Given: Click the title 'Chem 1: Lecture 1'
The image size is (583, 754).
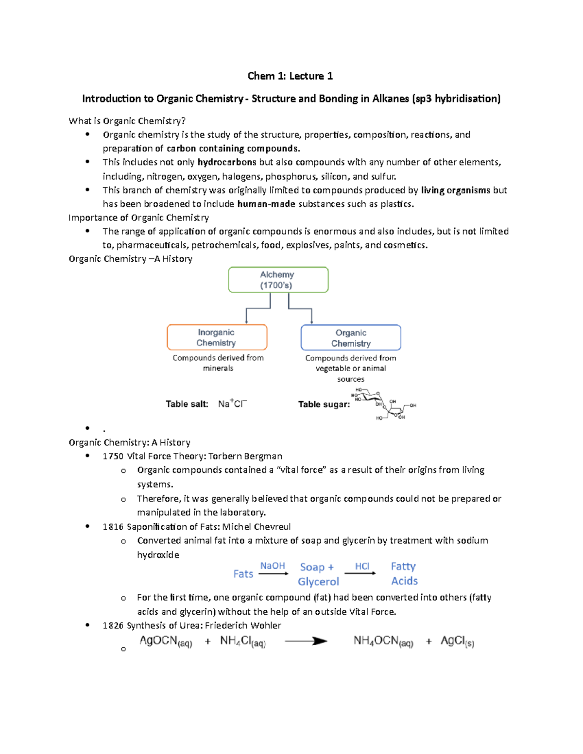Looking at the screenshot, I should tap(290, 76).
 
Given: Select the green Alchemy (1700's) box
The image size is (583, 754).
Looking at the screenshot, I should tap(278, 280).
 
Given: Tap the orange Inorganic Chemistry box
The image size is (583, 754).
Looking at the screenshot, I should tap(217, 337).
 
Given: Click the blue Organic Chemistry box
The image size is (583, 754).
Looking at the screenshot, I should tap(351, 338).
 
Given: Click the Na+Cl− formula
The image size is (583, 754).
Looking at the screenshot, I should tap(232, 404).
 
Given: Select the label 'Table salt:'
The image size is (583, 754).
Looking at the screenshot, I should tap(187, 404).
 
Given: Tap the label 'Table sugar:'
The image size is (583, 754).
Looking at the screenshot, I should tap(324, 404).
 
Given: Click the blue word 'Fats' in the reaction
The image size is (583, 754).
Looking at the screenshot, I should tap(243, 574).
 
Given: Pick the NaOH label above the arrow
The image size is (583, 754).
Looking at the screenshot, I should tap(273, 566).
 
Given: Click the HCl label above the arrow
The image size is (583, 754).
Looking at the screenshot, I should tap(362, 566).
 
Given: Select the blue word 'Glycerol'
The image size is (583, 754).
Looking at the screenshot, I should tap(318, 582).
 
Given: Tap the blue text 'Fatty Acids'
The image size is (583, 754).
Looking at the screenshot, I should tap(404, 573).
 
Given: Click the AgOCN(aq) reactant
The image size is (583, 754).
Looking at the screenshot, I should tap(166, 641).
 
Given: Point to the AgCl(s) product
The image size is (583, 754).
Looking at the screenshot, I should tap(457, 641).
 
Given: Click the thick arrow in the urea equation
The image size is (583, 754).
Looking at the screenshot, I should tap(306, 641).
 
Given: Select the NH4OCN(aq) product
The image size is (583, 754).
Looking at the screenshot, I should tap(383, 641).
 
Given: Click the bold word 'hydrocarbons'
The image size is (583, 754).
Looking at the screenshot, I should tap(227, 162).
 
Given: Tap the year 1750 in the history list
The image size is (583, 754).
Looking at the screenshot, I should tap(113, 456).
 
